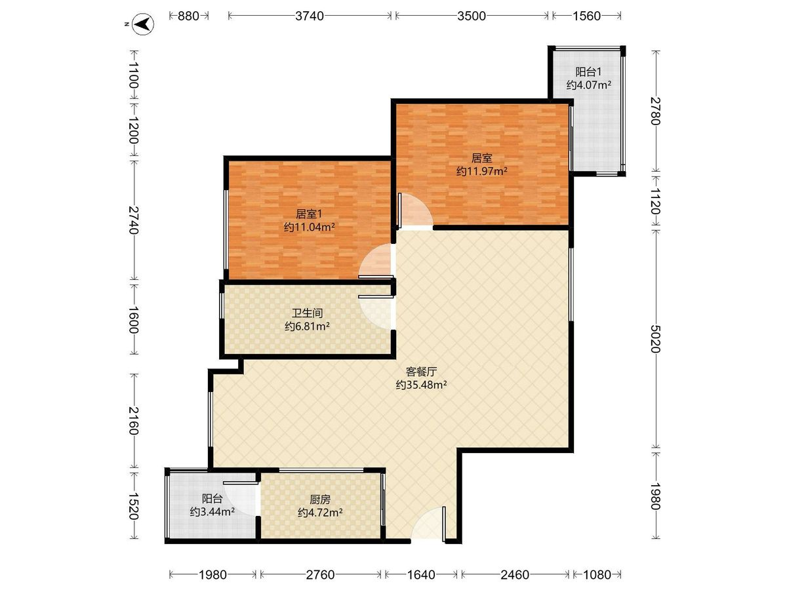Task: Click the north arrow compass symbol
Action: tap(143, 24)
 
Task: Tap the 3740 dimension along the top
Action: tap(310, 16)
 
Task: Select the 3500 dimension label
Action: tap(471, 16)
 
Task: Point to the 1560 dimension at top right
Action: tap(586, 16)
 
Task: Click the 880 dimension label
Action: tap(188, 16)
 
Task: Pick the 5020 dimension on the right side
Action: tap(655, 339)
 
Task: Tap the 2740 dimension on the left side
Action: tap(134, 220)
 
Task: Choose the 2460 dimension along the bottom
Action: tap(515, 576)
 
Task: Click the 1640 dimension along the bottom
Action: tap(421, 576)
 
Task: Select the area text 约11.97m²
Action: tap(481, 172)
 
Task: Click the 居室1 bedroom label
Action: tap(309, 214)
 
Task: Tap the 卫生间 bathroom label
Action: tap(308, 313)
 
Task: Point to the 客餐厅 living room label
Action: tap(421, 372)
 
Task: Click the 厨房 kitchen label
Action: tap(320, 500)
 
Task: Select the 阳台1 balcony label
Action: tap(588, 72)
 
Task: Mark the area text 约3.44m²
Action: tap(212, 512)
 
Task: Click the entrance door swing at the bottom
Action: tap(428, 523)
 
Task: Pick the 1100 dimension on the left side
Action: tap(134, 75)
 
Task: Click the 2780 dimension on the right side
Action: tap(655, 111)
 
